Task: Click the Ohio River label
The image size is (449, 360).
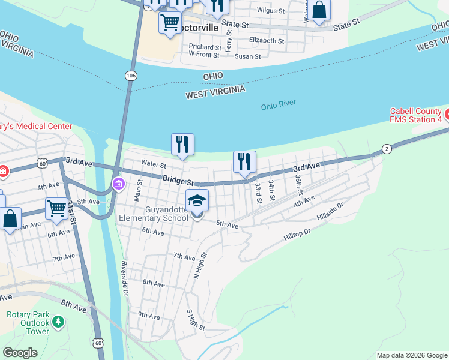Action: point(279,106)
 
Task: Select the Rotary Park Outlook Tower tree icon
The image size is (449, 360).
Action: point(58,322)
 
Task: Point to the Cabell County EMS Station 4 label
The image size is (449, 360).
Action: point(416,115)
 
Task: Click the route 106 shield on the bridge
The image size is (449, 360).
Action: point(131,75)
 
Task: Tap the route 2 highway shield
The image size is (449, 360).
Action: point(387,149)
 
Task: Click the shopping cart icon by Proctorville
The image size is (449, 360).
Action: point(170,23)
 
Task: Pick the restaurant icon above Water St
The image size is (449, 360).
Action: point(182,145)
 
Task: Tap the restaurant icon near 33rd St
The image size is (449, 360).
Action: point(244,162)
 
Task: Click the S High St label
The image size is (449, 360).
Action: point(196,320)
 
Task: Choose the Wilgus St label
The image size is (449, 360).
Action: point(269,10)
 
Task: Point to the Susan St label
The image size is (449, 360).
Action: point(248,56)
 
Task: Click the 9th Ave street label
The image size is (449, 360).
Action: point(149,314)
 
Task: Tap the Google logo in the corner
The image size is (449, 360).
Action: point(20,353)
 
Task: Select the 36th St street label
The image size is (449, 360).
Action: point(298,186)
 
